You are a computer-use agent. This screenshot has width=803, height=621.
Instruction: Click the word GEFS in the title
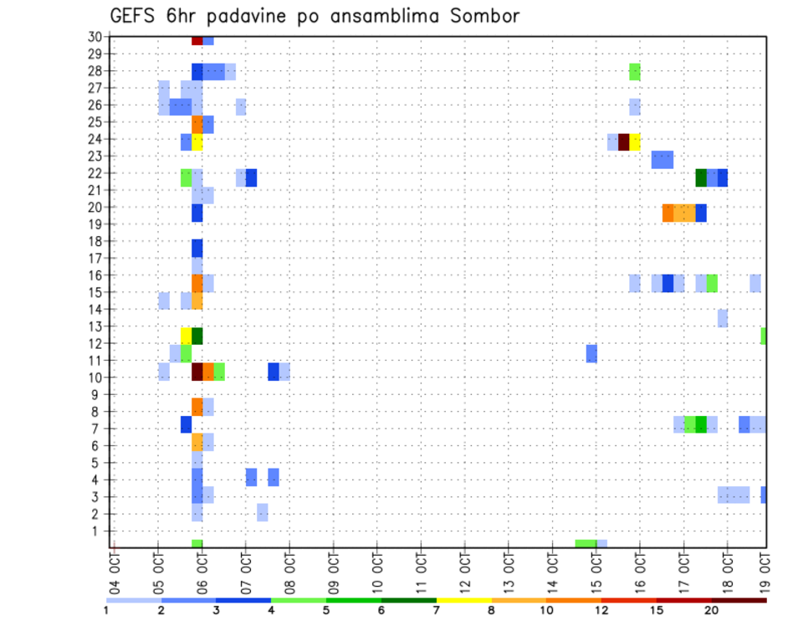134,16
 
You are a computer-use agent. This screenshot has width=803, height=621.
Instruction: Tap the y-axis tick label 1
98,531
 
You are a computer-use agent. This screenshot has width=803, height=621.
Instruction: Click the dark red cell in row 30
197,40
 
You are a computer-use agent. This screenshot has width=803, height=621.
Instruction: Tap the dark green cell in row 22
701,177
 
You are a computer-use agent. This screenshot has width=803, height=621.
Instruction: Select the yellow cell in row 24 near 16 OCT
635,142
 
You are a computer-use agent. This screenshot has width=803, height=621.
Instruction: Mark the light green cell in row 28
635,71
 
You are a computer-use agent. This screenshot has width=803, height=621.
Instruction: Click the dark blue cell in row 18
197,248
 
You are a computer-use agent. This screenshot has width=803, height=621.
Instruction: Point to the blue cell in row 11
591,353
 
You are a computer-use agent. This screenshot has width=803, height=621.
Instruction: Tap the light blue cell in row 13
723,318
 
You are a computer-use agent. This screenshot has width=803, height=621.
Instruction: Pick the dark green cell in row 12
197,336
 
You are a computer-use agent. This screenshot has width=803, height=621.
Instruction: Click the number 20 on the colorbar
712,610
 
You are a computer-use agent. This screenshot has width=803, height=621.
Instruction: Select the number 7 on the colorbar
437,610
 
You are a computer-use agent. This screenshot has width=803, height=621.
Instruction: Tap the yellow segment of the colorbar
463,600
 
